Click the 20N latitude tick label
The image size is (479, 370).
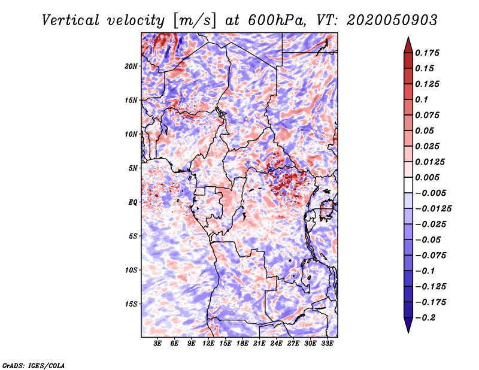coord(131,66)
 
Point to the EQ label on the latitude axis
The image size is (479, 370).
coord(133,202)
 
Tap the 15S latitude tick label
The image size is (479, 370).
coord(131,304)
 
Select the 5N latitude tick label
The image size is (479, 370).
coord(133,168)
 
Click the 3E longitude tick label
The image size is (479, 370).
coord(157,343)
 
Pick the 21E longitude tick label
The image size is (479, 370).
coord(259,343)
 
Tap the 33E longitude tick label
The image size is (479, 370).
coord(327,343)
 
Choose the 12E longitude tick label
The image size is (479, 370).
coord(208,343)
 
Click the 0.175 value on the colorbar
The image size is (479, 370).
coord(427,53)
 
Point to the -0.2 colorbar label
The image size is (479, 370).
coord(426,318)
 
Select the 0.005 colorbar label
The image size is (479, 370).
coord(427,177)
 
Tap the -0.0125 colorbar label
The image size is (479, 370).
coord(433,209)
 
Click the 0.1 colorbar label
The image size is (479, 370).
coord(422,99)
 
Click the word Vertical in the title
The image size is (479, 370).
coord(71,20)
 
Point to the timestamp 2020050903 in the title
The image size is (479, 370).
coord(392,20)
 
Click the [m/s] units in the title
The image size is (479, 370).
coord(195,21)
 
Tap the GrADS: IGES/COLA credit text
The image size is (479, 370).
coord(34,366)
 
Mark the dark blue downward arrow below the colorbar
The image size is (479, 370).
coord(408,324)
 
